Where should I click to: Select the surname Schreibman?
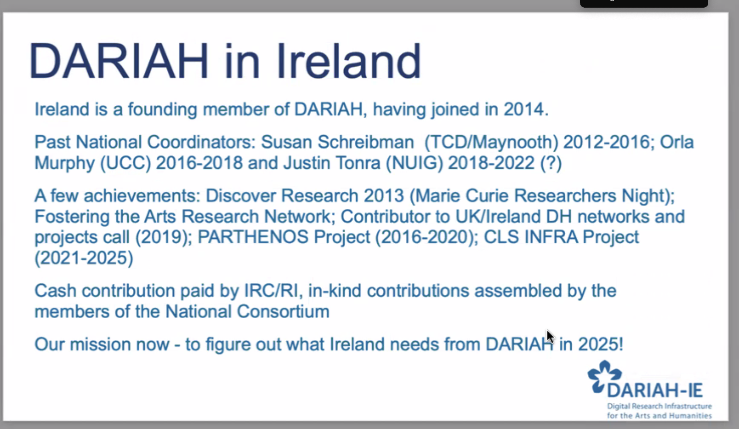pyautogui.click(x=366, y=142)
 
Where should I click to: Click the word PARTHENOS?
pyautogui.click(x=253, y=237)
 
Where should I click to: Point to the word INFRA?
pyautogui.click(x=551, y=237)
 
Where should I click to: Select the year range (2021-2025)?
pyautogui.click(x=84, y=258)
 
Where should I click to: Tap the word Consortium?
pyautogui.click(x=283, y=312)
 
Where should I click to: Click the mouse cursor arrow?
pyautogui.click(x=550, y=336)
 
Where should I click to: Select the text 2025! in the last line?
pyautogui.click(x=600, y=344)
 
